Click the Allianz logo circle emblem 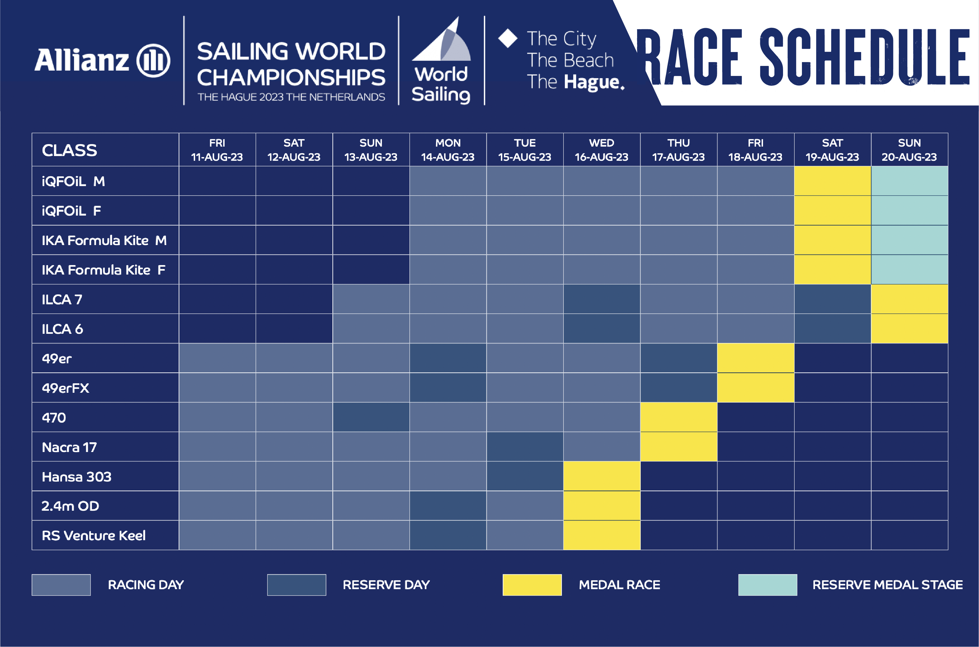(x=153, y=61)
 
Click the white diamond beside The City (x=508, y=38)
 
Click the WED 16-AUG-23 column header (x=602, y=150)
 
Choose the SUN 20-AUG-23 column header (x=909, y=150)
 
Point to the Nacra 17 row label (x=69, y=447)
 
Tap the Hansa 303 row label (x=77, y=476)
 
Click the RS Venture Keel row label (x=94, y=535)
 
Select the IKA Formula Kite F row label (x=103, y=270)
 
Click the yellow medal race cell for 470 (x=679, y=417)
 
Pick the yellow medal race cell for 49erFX (x=756, y=387)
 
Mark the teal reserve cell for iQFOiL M (x=909, y=181)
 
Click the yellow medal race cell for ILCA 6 (x=909, y=329)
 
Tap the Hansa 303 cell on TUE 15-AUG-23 (x=525, y=476)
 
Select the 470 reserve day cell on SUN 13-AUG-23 (x=371, y=417)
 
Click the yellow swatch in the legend (x=532, y=585)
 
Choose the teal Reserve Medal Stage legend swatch (x=767, y=585)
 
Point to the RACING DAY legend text (x=146, y=585)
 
